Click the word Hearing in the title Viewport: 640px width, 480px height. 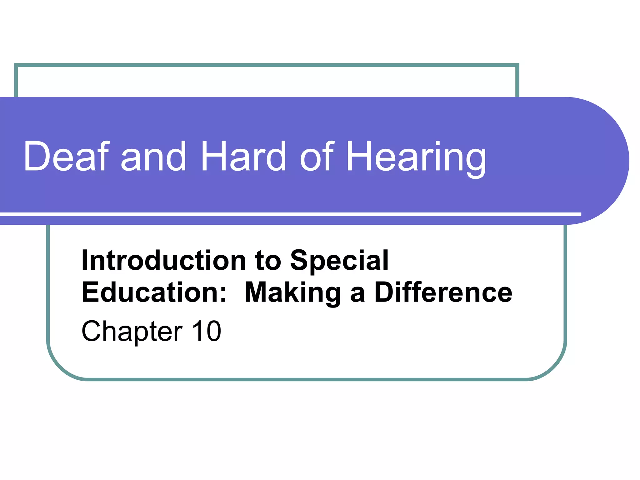(x=416, y=158)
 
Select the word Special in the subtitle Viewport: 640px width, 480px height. (x=339, y=261)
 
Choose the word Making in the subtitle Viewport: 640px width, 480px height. (x=293, y=293)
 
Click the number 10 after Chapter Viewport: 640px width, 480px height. (x=207, y=331)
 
